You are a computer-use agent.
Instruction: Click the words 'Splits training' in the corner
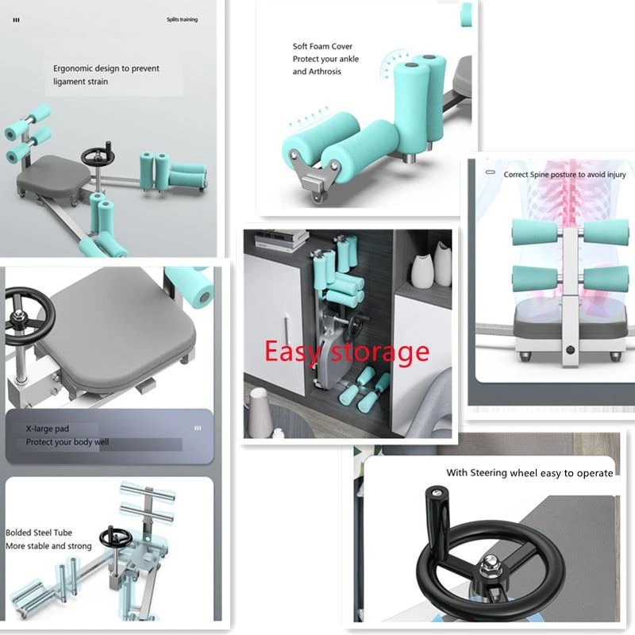(182, 19)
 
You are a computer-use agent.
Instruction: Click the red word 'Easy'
(292, 352)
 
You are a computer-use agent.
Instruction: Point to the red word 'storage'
(380, 352)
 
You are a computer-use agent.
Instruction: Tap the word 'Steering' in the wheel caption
(488, 473)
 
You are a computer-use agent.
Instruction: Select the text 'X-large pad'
(48, 429)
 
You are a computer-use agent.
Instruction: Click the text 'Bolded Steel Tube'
(39, 533)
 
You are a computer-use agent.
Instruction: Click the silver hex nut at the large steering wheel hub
(489, 571)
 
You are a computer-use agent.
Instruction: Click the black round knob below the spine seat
(570, 350)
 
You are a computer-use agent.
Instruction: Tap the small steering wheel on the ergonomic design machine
(98, 156)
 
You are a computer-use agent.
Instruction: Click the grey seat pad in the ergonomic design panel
(54, 173)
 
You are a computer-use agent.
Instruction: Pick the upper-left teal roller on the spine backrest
(533, 232)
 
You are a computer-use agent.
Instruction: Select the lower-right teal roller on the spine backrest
(606, 279)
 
